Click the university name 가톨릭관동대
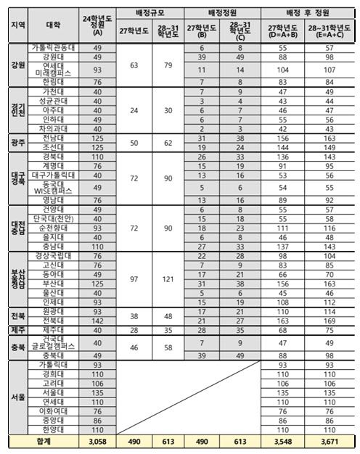coord(53,48)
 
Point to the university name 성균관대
coord(53,102)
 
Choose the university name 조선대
coord(53,146)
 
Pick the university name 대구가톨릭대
coord(53,176)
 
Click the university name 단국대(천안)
coord(53,218)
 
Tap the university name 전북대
coord(53,320)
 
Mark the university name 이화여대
coord(53,410)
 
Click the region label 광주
coord(17,142)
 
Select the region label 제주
coord(17,330)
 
